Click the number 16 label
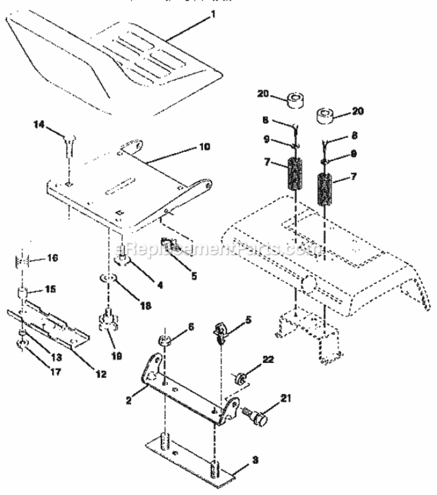53,258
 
